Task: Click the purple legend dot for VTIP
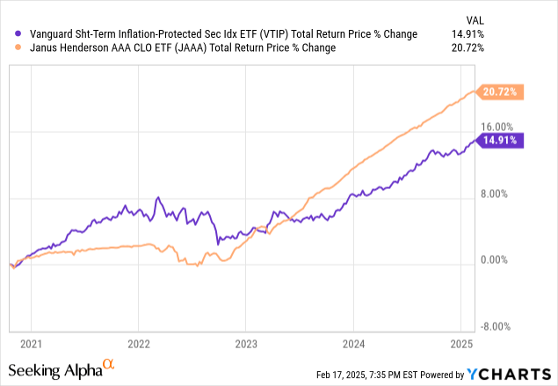[x=20, y=34]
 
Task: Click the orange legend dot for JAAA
[x=20, y=48]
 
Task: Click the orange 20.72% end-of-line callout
[x=500, y=91]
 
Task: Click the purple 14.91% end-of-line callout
[x=500, y=139]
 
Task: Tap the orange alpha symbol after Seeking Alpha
[x=108, y=365]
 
